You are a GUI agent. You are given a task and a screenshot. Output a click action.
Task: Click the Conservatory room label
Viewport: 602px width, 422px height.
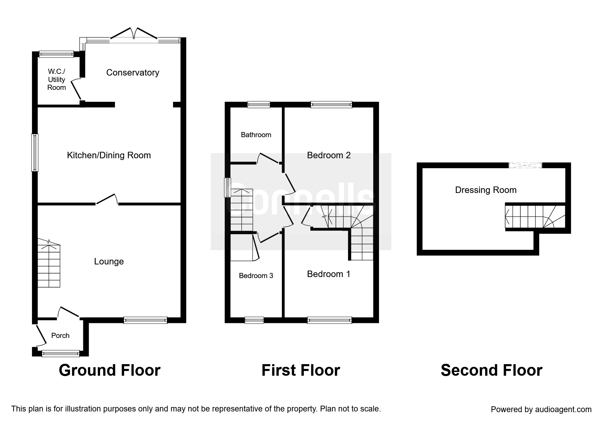tap(133, 72)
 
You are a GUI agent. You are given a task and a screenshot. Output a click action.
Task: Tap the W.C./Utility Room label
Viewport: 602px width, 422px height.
tap(56, 79)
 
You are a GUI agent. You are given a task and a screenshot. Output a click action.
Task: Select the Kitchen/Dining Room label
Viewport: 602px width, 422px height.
tap(109, 156)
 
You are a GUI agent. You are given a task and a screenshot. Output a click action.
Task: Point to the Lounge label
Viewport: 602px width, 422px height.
tap(109, 261)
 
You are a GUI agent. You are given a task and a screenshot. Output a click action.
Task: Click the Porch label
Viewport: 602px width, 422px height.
tap(60, 336)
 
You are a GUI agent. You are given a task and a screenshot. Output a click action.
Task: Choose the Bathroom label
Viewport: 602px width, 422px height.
tap(256, 135)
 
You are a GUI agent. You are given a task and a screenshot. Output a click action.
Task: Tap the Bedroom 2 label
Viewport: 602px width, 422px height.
tap(329, 155)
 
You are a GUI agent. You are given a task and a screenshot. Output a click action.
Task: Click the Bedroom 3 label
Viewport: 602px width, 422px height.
tap(256, 276)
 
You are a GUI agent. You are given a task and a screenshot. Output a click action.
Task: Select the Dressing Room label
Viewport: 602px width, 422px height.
tap(486, 190)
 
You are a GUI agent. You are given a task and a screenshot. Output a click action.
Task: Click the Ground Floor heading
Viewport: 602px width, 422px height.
tap(109, 370)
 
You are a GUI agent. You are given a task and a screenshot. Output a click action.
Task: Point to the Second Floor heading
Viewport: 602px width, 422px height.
tap(492, 370)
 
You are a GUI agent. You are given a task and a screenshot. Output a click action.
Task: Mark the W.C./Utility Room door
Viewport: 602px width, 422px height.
tap(76, 90)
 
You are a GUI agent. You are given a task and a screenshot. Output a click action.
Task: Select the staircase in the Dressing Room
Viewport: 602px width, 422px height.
tap(535, 216)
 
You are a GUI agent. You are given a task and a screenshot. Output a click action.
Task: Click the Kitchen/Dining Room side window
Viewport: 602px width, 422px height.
tap(35, 152)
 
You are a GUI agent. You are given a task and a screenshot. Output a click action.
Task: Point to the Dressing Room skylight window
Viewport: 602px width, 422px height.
tap(525, 165)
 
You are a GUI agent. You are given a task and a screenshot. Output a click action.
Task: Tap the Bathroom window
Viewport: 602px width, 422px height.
tap(259, 104)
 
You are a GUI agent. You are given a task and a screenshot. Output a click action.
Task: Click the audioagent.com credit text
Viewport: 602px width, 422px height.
tap(541, 409)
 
